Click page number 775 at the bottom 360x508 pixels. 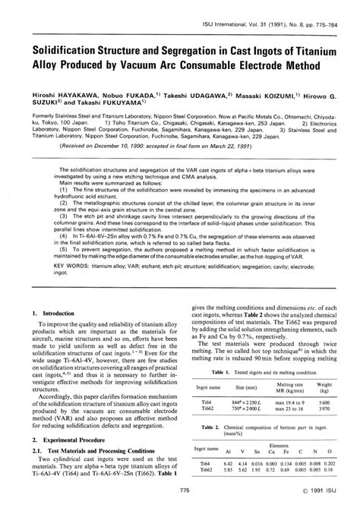(x=180, y=494)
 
